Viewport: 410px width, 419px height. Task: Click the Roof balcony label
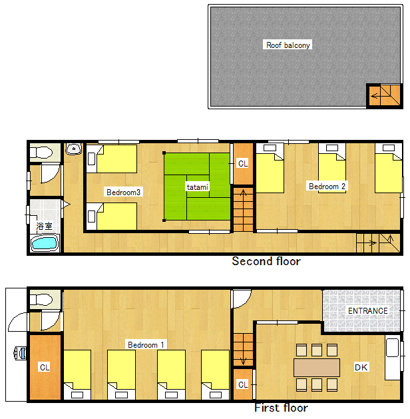click(288, 45)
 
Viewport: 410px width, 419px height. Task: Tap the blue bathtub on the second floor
click(45, 243)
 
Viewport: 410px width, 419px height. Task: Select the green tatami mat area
click(197, 187)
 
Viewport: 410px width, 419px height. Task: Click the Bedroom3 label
click(123, 192)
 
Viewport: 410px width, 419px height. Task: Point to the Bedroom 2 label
click(327, 187)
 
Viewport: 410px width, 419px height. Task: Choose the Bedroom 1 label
click(146, 344)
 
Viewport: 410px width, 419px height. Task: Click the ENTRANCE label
click(368, 311)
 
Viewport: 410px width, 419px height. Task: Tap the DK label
click(361, 368)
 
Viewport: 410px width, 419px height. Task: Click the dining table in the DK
click(317, 368)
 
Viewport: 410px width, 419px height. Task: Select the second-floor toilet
click(41, 153)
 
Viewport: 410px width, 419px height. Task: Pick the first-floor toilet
click(41, 300)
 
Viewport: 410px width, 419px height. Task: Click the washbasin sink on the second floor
click(74, 149)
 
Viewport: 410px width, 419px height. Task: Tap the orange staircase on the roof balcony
click(385, 95)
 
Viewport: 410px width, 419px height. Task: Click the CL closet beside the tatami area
click(243, 164)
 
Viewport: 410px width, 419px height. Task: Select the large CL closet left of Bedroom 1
click(45, 367)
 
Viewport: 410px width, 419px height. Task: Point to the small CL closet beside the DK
click(243, 384)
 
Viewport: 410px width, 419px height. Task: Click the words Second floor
click(266, 261)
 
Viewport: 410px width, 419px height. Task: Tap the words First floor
click(281, 408)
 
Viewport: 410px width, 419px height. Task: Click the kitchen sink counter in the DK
click(392, 358)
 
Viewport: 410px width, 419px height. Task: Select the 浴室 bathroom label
click(44, 226)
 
